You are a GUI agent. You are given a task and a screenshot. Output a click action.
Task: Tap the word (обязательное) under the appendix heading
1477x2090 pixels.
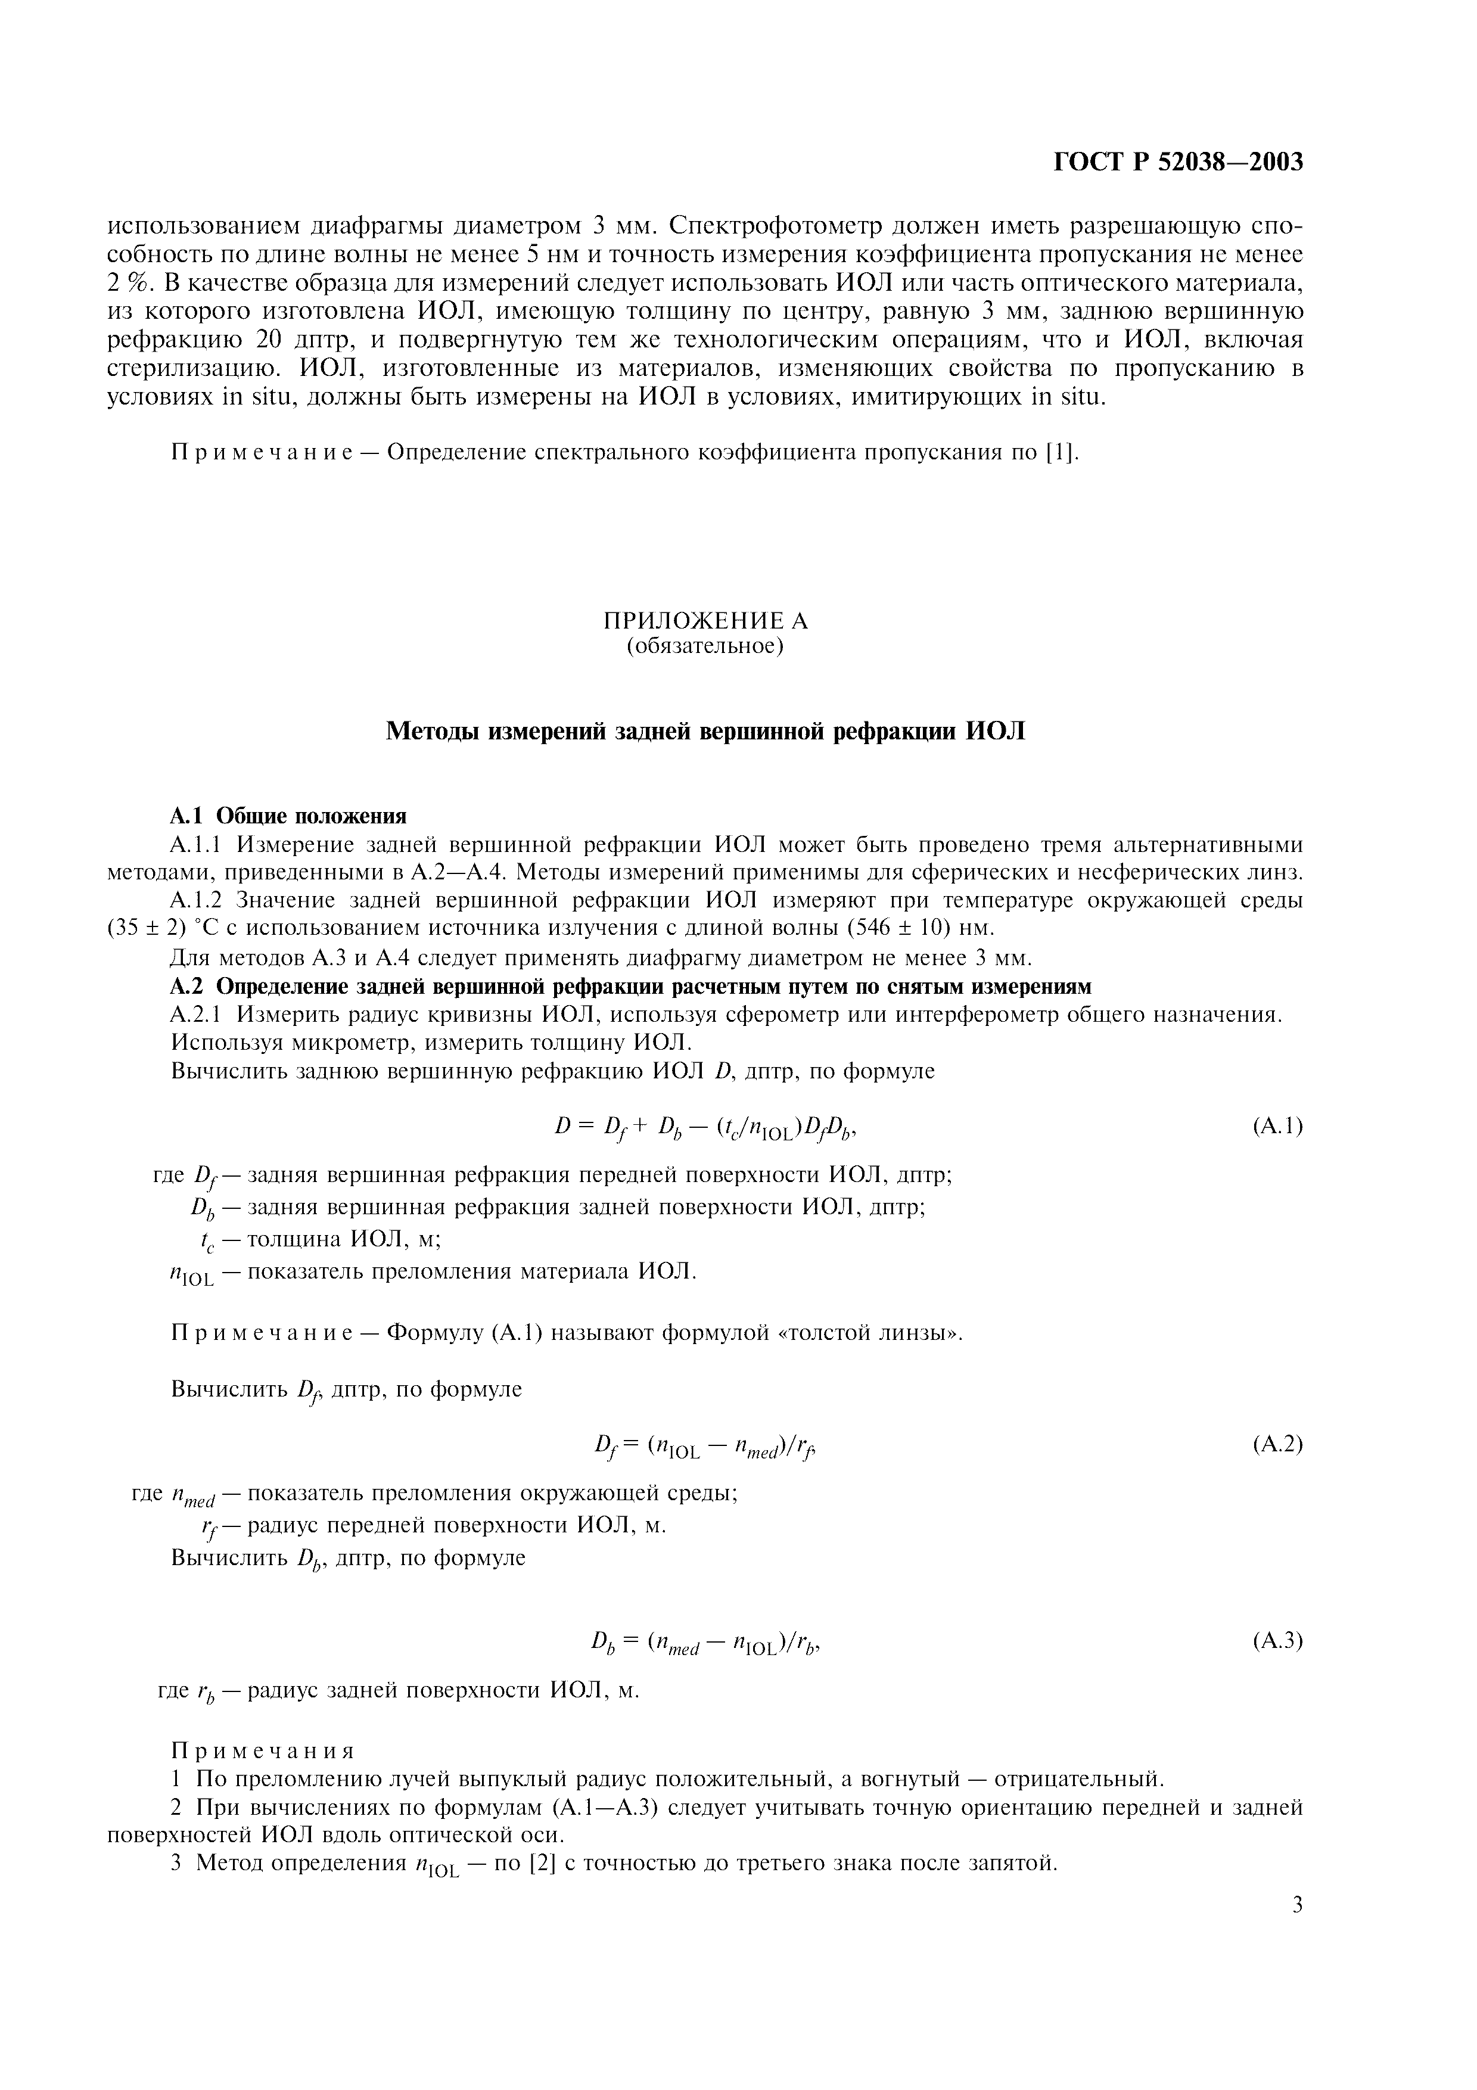tap(705, 646)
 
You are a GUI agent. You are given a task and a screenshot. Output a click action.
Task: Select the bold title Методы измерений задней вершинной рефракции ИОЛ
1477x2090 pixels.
tap(705, 731)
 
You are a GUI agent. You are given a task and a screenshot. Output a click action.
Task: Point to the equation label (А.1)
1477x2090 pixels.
tap(1277, 1127)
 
